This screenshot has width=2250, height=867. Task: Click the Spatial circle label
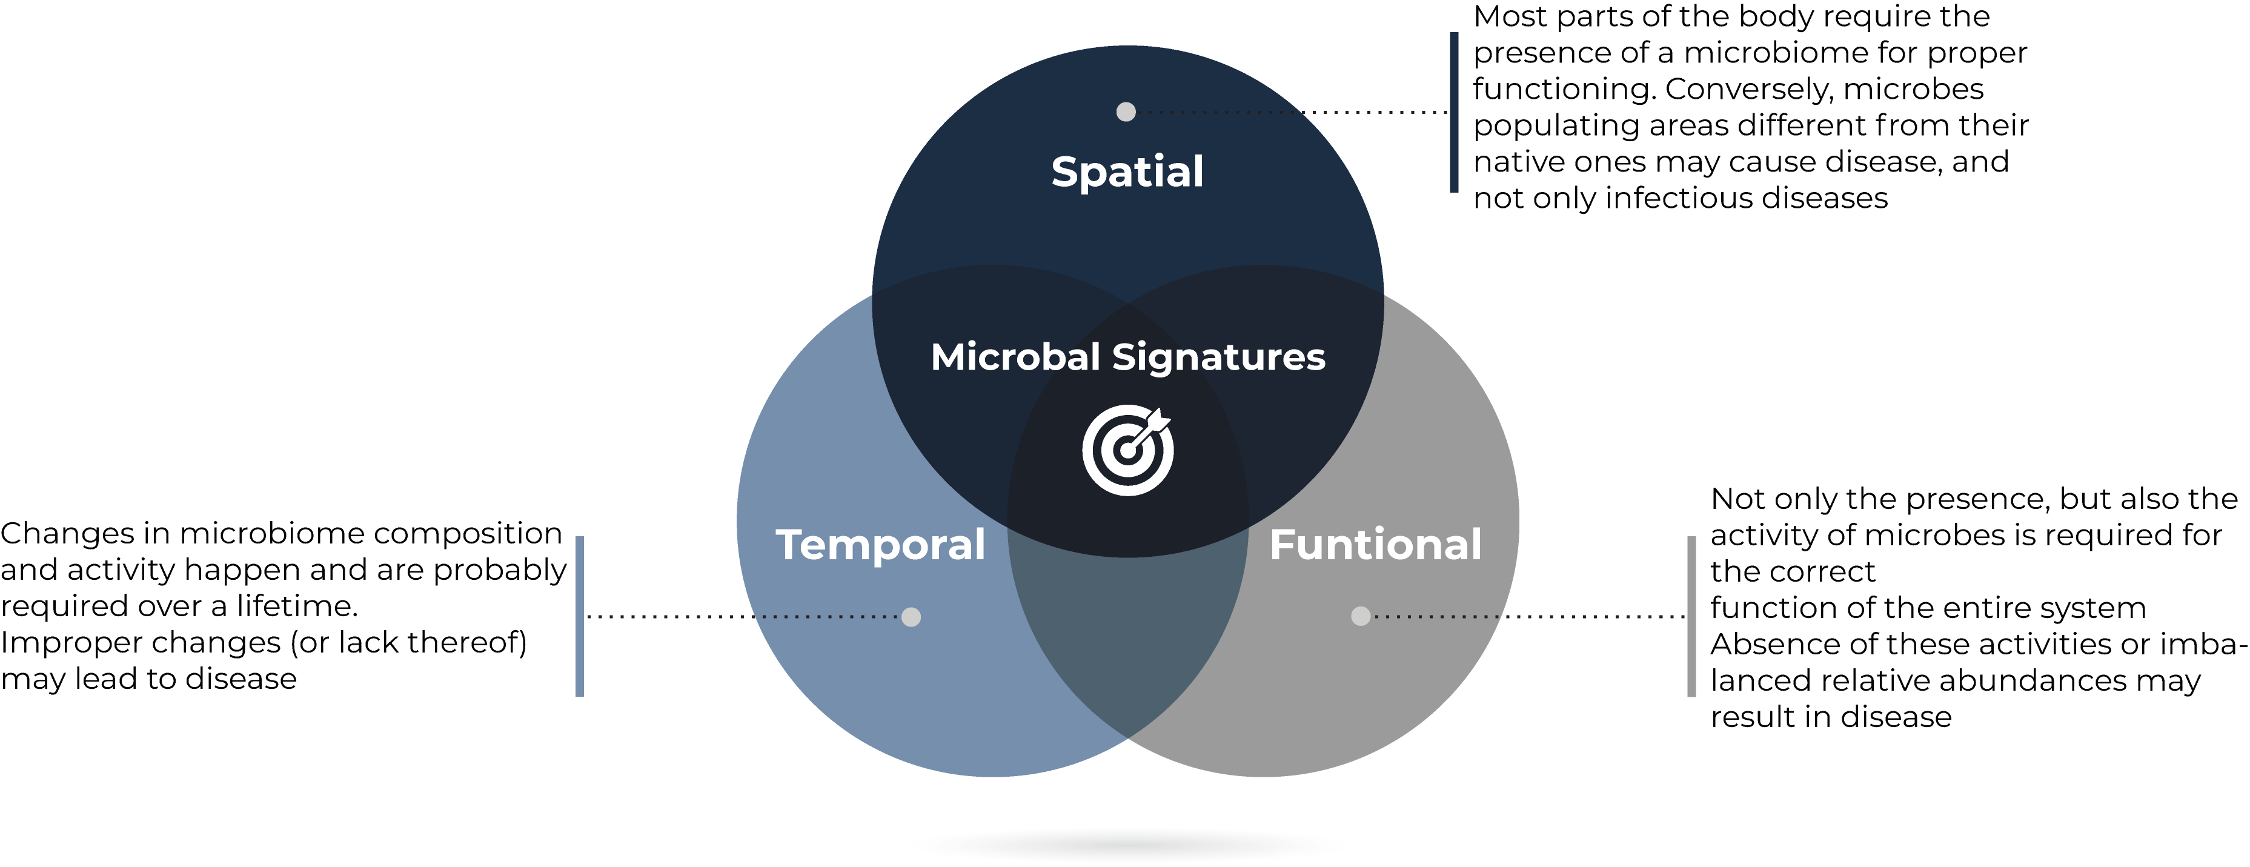pyautogui.click(x=1127, y=172)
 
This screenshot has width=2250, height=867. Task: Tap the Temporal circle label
pyautogui.click(x=880, y=546)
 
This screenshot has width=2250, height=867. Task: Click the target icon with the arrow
pyautogui.click(x=1127, y=450)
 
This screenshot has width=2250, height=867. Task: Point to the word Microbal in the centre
pyautogui.click(x=1015, y=357)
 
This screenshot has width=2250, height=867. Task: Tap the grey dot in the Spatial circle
pyautogui.click(x=1126, y=111)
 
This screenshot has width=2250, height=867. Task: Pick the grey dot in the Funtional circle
pyautogui.click(x=1360, y=616)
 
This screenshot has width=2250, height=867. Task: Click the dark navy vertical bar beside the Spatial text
pyautogui.click(x=1453, y=111)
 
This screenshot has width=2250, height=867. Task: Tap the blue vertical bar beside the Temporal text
pyautogui.click(x=579, y=616)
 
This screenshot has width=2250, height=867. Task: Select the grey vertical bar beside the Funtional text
pyautogui.click(x=1691, y=616)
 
